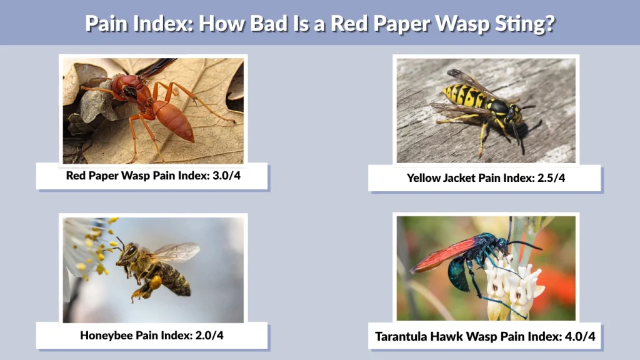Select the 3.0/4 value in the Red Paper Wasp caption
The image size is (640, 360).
coord(224,176)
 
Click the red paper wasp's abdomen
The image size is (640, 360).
coord(174,121)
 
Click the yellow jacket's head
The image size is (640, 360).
coord(514,114)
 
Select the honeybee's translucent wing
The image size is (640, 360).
coord(176,252)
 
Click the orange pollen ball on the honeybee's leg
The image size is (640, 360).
coord(154,282)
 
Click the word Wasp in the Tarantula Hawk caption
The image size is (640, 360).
coord(489,337)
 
